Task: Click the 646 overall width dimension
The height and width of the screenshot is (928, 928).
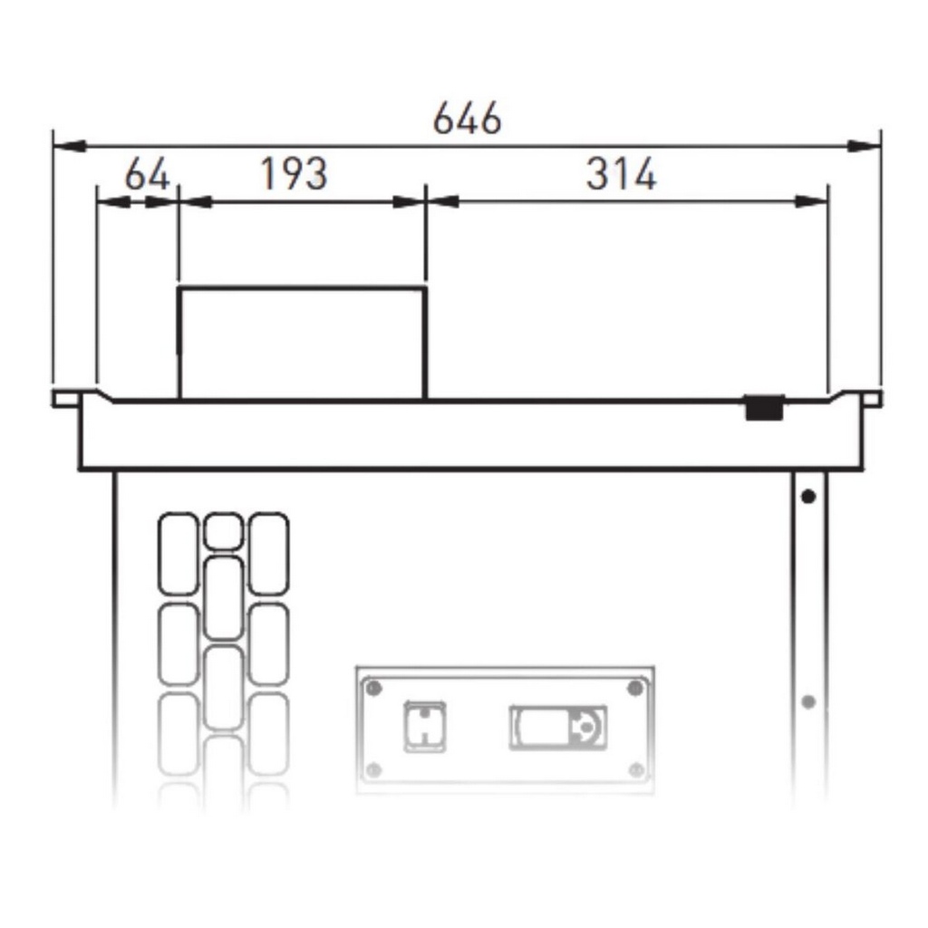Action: pos(467,119)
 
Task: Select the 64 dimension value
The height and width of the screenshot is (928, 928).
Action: pos(148,174)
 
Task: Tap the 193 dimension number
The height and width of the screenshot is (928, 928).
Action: pos(294,174)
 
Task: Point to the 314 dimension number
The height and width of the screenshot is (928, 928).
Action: pos(621,174)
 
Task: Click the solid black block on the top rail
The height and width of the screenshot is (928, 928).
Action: pos(765,408)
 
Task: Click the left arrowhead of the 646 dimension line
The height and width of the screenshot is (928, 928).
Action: pos(69,146)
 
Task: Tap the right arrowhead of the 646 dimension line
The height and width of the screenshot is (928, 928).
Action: pos(864,146)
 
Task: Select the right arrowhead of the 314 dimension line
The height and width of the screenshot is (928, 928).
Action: pos(811,202)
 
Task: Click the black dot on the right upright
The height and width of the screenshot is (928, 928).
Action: pos(808,496)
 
